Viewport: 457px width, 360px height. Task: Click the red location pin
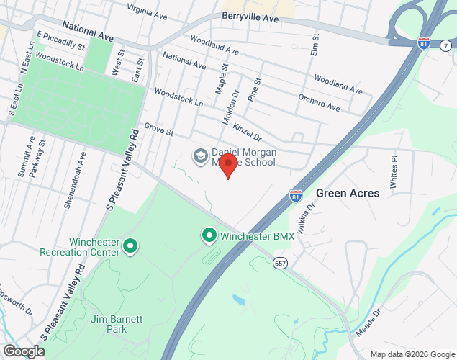coord(227,165)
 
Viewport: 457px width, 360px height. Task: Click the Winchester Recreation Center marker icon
coord(130,248)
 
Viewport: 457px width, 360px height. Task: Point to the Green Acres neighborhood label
coord(348,194)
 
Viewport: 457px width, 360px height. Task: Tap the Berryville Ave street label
coord(250,17)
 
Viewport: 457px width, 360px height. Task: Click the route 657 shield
coord(280,264)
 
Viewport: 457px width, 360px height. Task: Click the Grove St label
coord(158,129)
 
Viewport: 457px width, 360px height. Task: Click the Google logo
coord(23,351)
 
